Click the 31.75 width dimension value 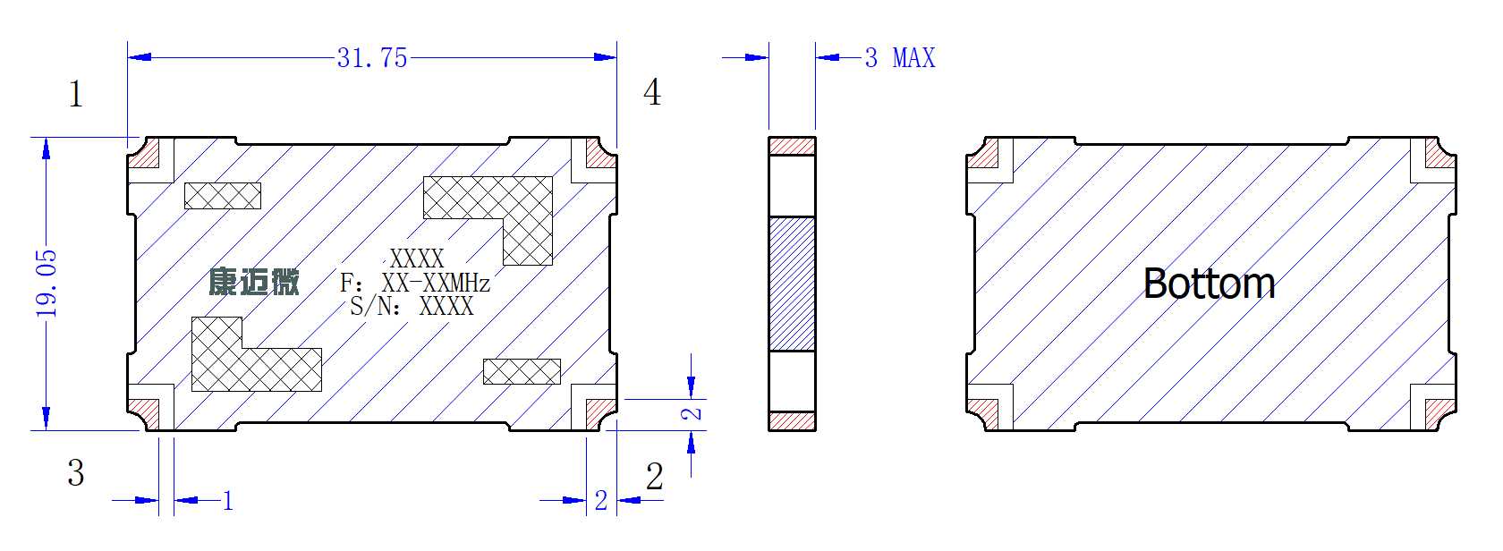pyautogui.click(x=372, y=58)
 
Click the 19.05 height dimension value pyautogui.click(x=47, y=284)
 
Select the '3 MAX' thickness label pyautogui.click(x=900, y=58)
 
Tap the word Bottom pyautogui.click(x=1210, y=284)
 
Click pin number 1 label pyautogui.click(x=76, y=93)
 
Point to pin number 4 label pyautogui.click(x=652, y=92)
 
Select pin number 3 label pyautogui.click(x=76, y=472)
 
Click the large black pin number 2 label pyautogui.click(x=655, y=477)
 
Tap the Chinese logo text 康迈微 pyautogui.click(x=254, y=281)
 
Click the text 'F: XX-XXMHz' pyautogui.click(x=415, y=284)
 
